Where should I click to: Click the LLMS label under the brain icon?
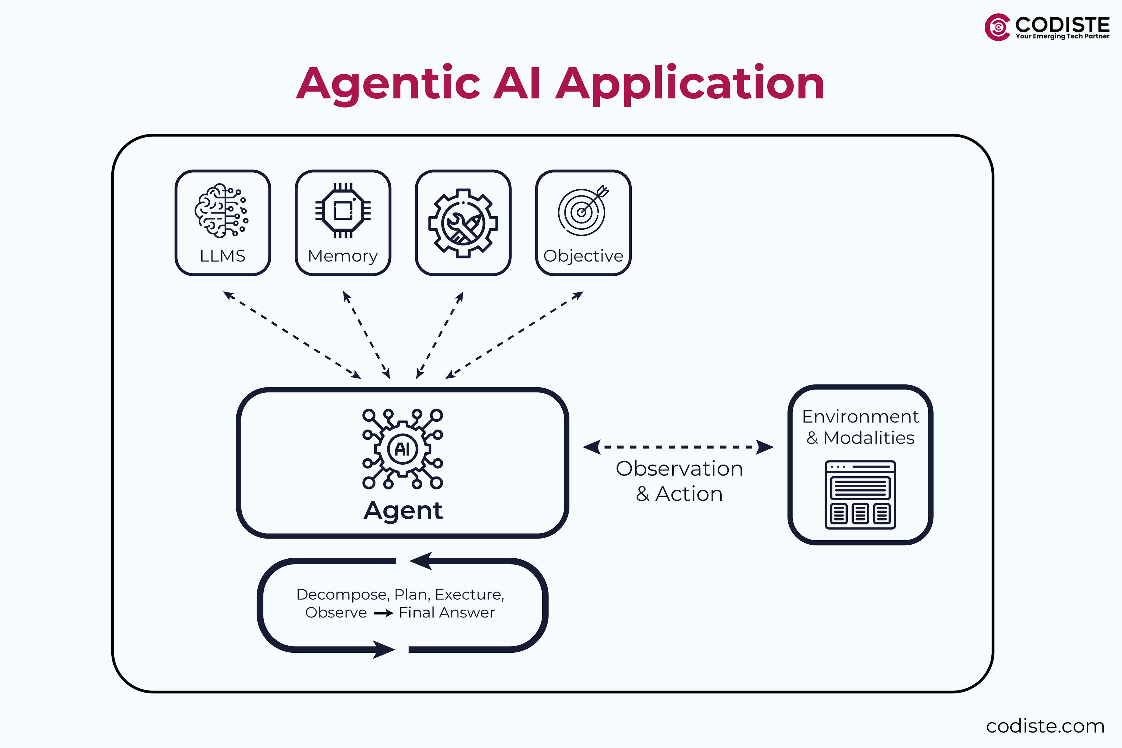(x=222, y=256)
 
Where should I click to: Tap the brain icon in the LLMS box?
(x=221, y=210)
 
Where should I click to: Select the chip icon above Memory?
(x=343, y=210)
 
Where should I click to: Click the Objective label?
(x=583, y=256)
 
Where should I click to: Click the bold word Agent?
(x=403, y=510)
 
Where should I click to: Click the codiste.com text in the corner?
(x=1045, y=726)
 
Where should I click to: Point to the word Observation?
(x=679, y=468)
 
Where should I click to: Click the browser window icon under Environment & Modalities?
(x=860, y=495)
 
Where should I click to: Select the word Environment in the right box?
(x=860, y=416)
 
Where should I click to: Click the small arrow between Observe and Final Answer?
(x=383, y=613)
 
